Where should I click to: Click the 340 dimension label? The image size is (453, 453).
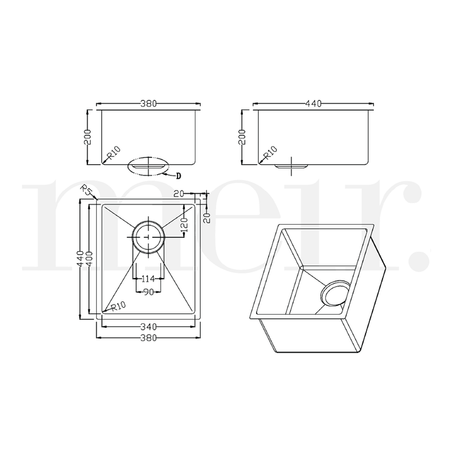coord(148,326)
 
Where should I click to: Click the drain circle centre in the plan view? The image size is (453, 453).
coord(148,235)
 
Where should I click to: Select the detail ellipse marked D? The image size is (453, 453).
coord(148,166)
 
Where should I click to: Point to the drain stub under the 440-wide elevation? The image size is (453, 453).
coord(291,165)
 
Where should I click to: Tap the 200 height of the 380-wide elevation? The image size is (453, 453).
coord(89,137)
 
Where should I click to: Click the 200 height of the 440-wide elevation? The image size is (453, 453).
coord(242,137)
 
